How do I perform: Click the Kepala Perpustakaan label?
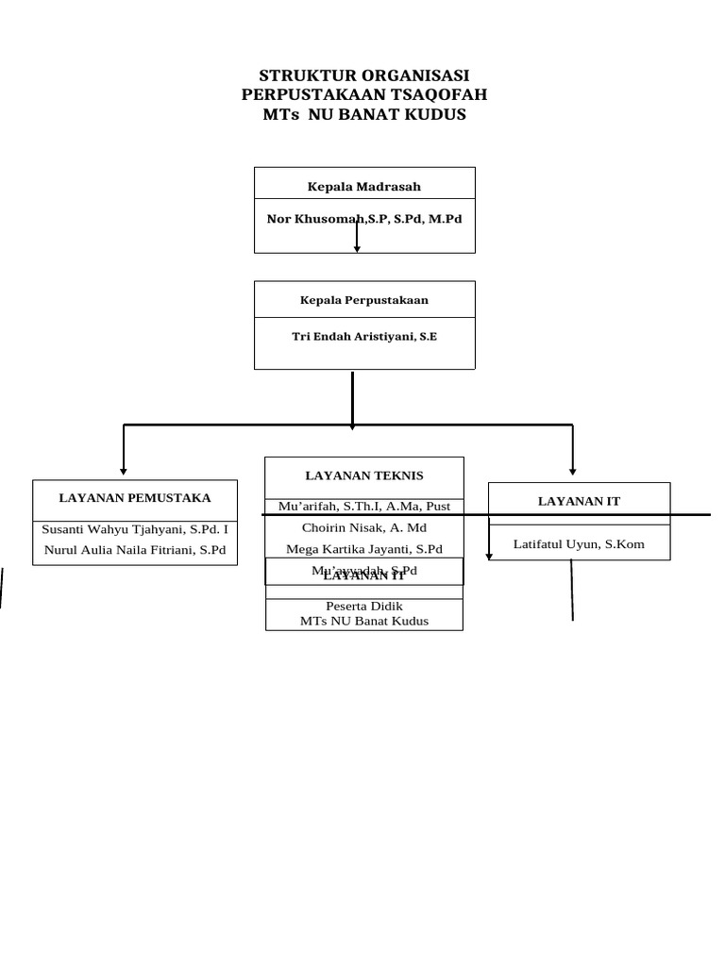pyautogui.click(x=364, y=300)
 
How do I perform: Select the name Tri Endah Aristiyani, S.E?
pyautogui.click(x=364, y=336)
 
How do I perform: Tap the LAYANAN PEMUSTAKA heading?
pyautogui.click(x=135, y=497)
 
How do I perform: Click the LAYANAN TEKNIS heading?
pyautogui.click(x=364, y=475)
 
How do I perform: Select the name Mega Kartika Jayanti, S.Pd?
pyautogui.click(x=364, y=549)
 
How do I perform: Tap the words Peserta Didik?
pyautogui.click(x=364, y=606)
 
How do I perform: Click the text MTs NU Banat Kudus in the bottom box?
pyautogui.click(x=364, y=621)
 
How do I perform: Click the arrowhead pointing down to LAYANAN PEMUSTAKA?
pyautogui.click(x=124, y=470)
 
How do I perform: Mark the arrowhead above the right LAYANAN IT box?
pyautogui.click(x=573, y=469)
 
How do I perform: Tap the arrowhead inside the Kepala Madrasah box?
pyautogui.click(x=357, y=249)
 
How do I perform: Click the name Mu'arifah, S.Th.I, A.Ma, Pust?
pyautogui.click(x=364, y=507)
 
